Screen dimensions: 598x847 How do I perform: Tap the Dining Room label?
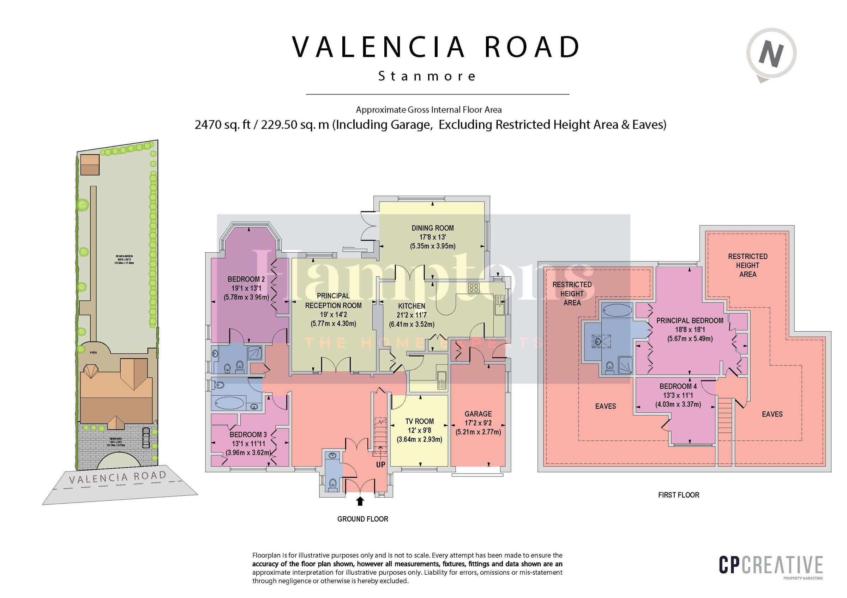coord(432,228)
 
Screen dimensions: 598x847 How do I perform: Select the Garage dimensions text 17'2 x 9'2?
coord(478,423)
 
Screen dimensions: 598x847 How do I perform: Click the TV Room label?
coord(420,421)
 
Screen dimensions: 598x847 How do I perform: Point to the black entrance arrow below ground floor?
coord(360,501)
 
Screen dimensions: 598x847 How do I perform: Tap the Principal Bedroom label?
coord(690,321)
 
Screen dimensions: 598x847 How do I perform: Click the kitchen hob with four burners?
coord(474,288)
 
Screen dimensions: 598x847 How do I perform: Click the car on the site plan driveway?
coord(146,437)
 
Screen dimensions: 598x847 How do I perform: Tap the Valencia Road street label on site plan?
coord(118,477)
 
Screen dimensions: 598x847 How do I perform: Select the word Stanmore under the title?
coord(427,76)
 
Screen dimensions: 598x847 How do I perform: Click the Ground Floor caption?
coord(363,519)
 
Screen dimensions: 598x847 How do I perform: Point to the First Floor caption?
coord(678,495)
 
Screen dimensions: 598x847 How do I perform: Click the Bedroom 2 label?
coord(246,279)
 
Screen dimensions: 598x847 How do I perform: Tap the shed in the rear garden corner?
coord(90,165)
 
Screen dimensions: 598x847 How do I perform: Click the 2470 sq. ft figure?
coord(222,125)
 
